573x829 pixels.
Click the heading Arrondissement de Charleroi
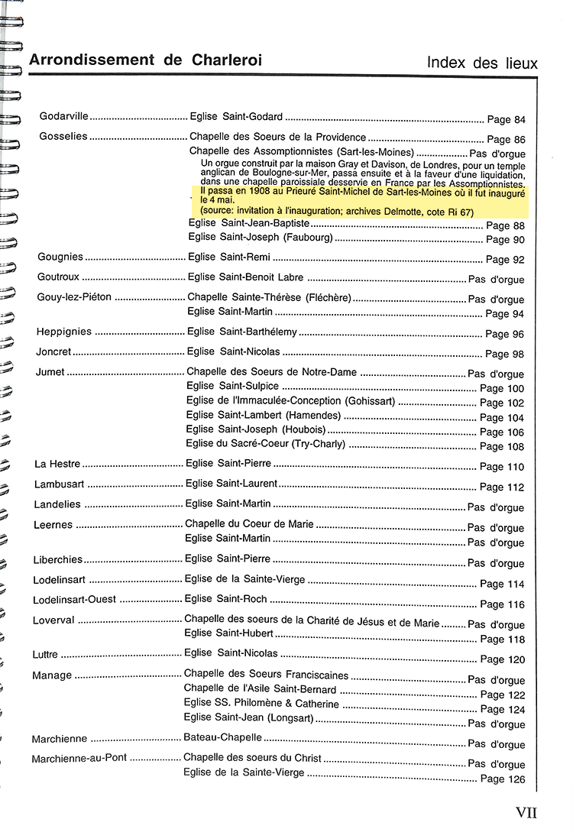145,60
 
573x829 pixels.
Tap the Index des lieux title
481,63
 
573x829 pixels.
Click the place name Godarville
64,117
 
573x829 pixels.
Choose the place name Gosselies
63,138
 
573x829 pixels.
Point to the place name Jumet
51,372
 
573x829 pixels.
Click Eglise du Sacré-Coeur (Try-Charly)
266,444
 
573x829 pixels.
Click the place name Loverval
53,620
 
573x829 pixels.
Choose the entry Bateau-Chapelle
222,738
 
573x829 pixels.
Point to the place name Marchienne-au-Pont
79,759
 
